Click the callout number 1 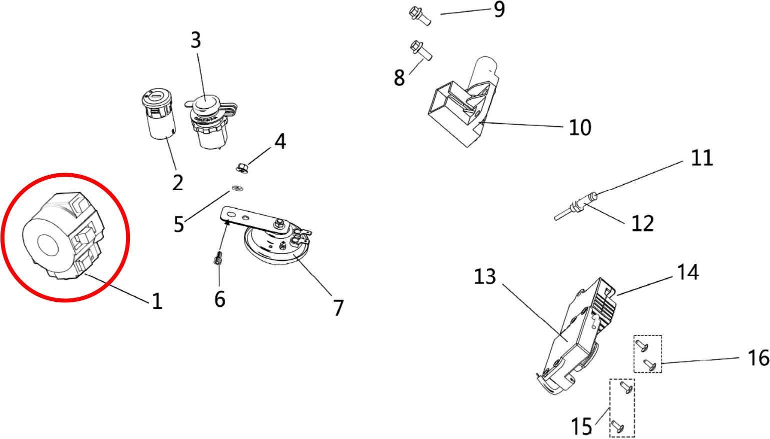[x=157, y=301]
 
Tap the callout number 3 [x=196, y=40]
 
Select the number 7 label [x=338, y=308]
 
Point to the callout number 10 [x=580, y=128]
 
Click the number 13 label [x=484, y=276]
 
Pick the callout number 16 [x=758, y=358]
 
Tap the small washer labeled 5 [x=236, y=189]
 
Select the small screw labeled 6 [x=217, y=260]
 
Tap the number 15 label [x=581, y=426]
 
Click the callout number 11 [x=701, y=158]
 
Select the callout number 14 [x=687, y=272]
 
